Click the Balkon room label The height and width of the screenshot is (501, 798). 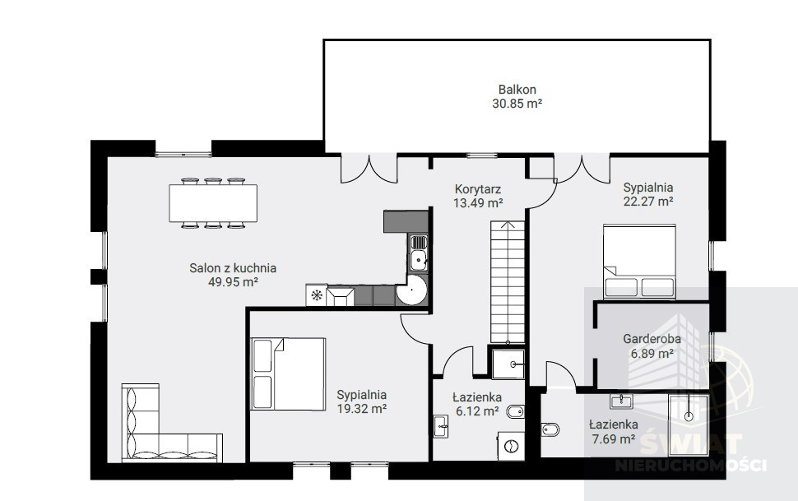tap(517, 90)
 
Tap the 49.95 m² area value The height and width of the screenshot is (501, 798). tap(233, 282)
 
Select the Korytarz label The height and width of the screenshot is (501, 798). tap(478, 189)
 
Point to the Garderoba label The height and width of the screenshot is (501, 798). tap(652, 339)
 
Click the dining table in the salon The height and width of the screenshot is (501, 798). tap(213, 203)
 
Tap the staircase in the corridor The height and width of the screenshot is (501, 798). tap(508, 281)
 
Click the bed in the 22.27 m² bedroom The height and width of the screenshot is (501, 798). tap(639, 261)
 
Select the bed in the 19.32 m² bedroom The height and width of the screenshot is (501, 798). tap(288, 373)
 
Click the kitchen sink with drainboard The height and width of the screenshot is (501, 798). tap(419, 253)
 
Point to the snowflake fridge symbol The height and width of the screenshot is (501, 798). tap(316, 295)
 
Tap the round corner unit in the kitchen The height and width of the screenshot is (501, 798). tap(411, 290)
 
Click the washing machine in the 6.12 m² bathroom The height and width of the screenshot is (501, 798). tap(510, 446)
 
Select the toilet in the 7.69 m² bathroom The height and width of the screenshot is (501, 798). tap(550, 429)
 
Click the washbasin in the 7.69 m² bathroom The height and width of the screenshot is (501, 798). tap(621, 401)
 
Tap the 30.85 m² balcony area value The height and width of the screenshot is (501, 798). tap(517, 104)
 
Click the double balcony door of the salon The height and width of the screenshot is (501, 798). tap(369, 169)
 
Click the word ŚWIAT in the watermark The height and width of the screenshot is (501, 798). tap(690, 444)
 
